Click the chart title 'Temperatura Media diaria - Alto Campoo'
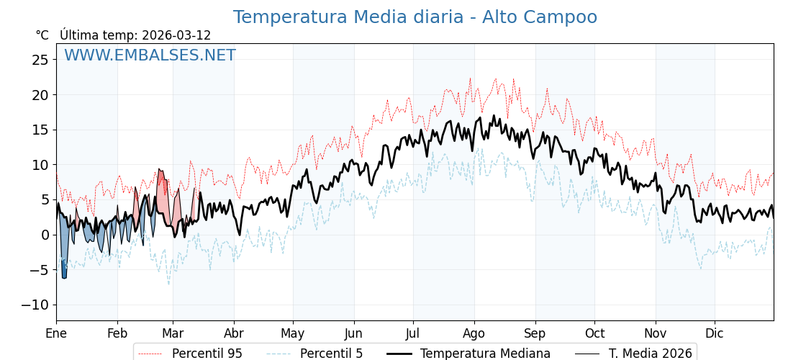coord(415,17)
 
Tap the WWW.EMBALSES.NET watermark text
coord(150,55)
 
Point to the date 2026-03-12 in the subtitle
coord(176,35)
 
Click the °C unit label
coord(42,35)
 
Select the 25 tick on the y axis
coord(40,60)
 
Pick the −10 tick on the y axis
coord(35,305)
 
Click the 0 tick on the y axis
coord(45,235)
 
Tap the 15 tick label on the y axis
coord(40,130)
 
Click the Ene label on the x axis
coord(56,333)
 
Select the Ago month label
coord(474,333)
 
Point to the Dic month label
coord(715,333)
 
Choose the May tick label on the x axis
coord(293,333)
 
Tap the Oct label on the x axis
coord(594,333)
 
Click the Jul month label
coord(413,333)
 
